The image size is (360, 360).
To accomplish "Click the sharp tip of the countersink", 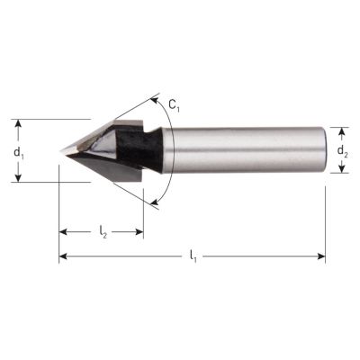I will pos(61,150).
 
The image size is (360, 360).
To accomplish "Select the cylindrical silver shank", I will pos(243,149).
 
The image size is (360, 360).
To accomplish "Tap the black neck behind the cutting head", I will pos(148,149).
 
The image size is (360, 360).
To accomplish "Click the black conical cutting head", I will pos(103,150).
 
